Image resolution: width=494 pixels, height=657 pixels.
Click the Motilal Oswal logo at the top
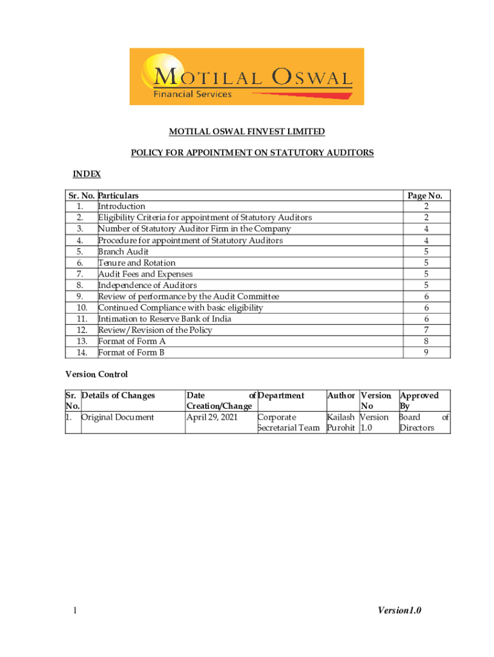[x=246, y=76]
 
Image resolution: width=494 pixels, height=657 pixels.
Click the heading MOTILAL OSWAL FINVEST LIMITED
[x=246, y=132]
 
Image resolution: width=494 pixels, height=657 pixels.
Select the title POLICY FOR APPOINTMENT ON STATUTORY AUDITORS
[x=252, y=153]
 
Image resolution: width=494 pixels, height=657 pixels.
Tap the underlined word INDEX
[x=87, y=175]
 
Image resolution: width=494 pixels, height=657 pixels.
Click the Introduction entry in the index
[x=121, y=207]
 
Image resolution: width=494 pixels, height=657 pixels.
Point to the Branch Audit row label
[x=123, y=252]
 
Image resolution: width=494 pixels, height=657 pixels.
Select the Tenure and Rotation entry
[x=137, y=263]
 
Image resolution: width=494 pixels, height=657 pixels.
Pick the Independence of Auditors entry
[x=148, y=286]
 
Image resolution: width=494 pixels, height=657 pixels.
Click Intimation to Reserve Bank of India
[x=164, y=319]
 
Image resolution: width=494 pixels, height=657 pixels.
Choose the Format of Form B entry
[x=132, y=353]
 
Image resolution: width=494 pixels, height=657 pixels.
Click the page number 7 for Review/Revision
[x=426, y=330]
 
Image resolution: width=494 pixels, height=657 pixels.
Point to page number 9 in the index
[x=426, y=353]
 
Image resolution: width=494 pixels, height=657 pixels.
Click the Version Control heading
[x=96, y=374]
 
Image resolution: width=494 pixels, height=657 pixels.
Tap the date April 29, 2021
[x=212, y=417]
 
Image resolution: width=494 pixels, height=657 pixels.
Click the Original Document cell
[x=118, y=417]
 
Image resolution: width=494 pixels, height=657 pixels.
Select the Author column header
[x=341, y=396]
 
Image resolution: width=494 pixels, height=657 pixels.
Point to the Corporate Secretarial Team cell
[x=288, y=423]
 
